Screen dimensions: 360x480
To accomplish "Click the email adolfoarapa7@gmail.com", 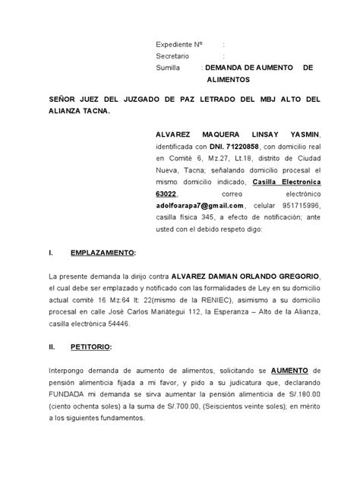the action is (x=200, y=206).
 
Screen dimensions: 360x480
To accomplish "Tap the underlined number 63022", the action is (x=170, y=194).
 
